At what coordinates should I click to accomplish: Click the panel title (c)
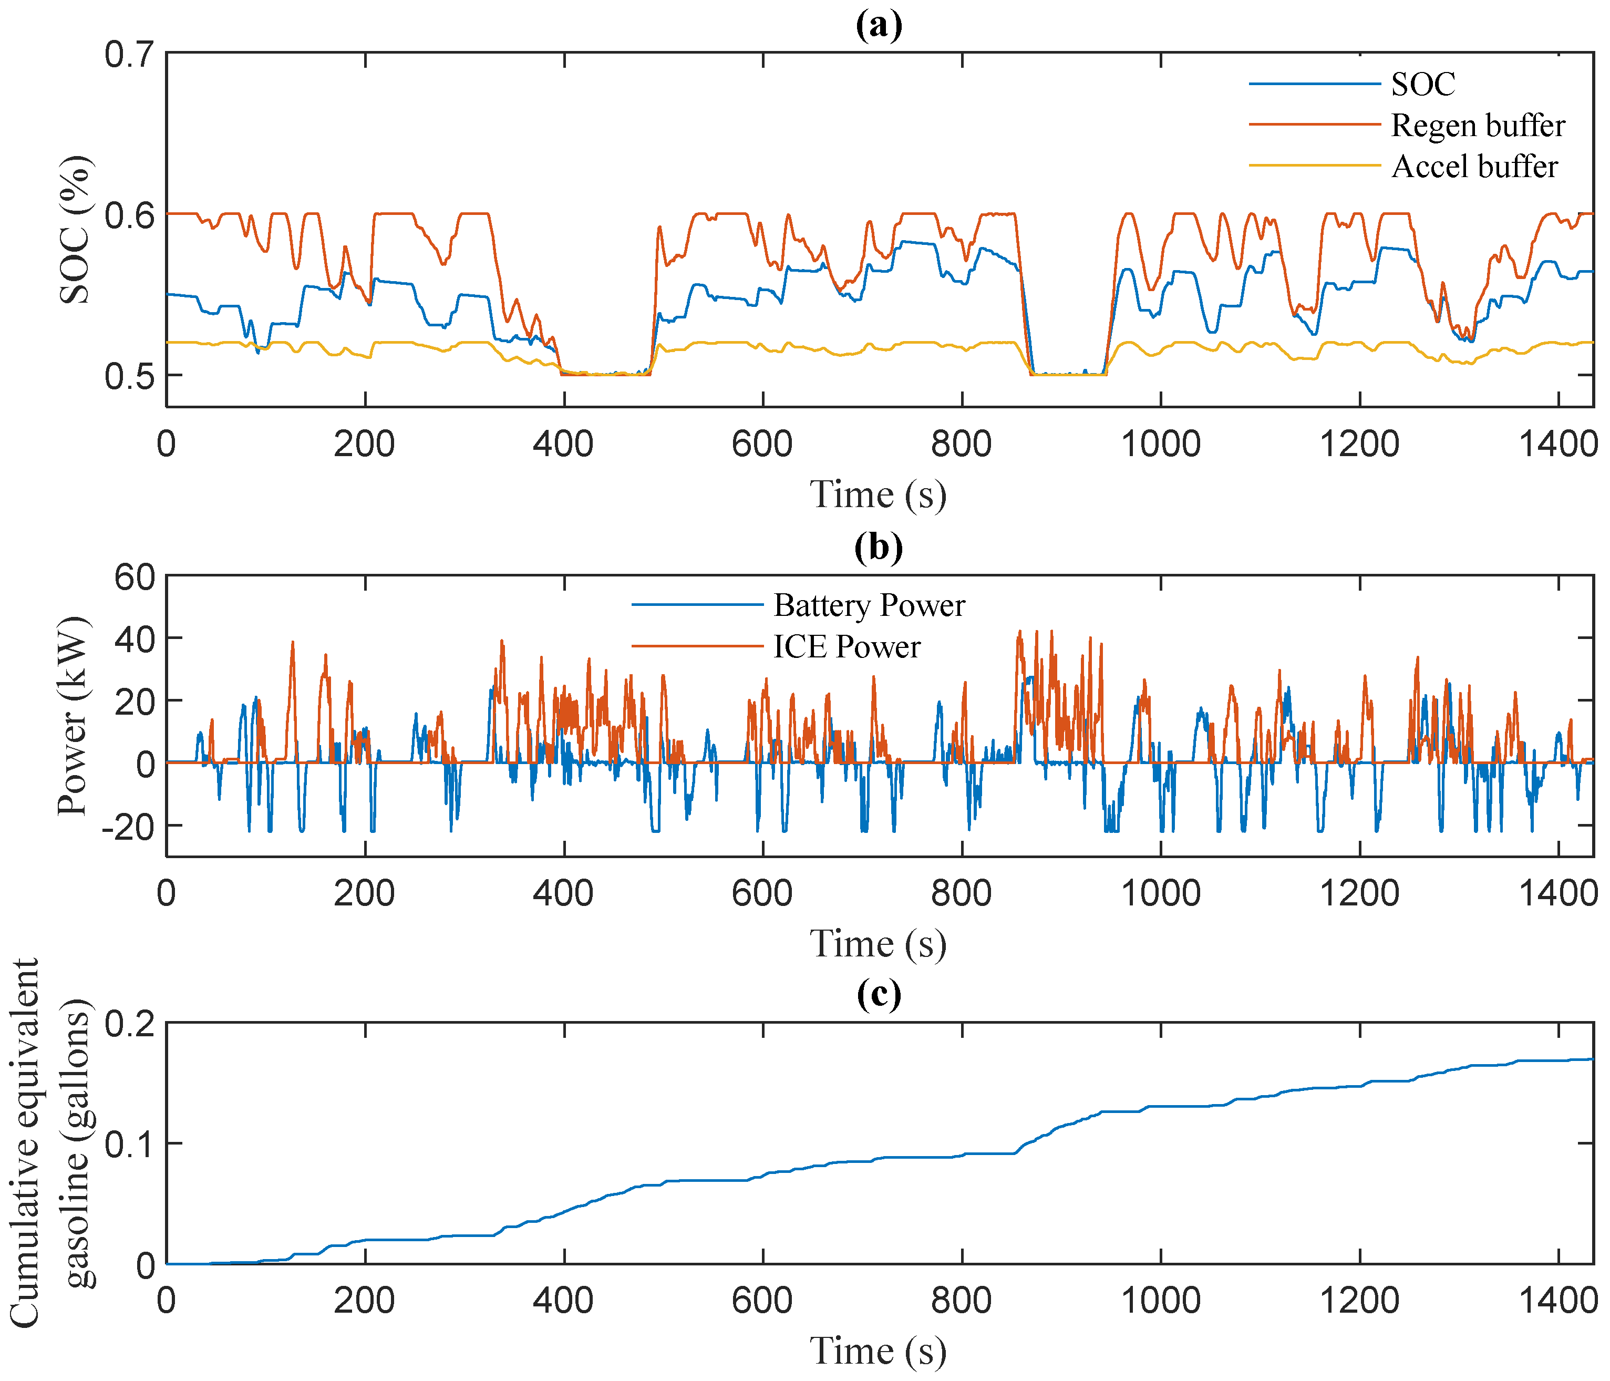(879, 994)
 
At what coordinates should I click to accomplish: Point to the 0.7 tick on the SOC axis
(130, 55)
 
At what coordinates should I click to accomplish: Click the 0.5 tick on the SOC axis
(130, 376)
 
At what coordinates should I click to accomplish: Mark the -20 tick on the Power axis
(128, 826)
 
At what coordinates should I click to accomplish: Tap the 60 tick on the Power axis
(135, 578)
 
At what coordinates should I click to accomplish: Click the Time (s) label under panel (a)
(878, 495)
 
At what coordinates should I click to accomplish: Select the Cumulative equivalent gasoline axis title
(50, 1142)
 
